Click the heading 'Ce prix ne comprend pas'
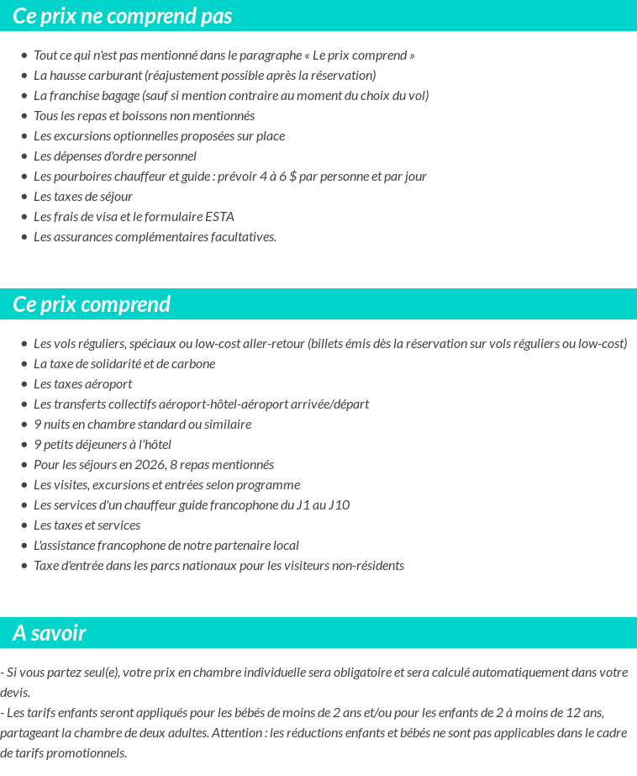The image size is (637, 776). click(x=123, y=16)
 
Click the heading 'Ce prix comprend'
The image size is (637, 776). click(x=92, y=304)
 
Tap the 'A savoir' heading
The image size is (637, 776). click(x=50, y=633)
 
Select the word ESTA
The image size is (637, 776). click(x=219, y=217)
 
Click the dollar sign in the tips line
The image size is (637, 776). click(x=292, y=177)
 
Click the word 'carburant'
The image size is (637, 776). click(x=113, y=76)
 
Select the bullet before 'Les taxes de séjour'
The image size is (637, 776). click(x=24, y=197)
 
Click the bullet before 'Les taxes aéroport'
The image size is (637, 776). click(x=24, y=384)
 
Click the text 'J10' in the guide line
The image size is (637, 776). click(x=339, y=505)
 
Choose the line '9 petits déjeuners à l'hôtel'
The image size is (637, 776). click(x=103, y=445)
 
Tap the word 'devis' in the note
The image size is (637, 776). click(x=15, y=693)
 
